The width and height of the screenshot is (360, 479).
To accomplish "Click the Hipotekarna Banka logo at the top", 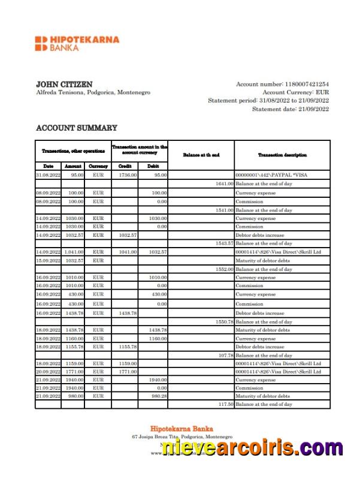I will coord(77,43).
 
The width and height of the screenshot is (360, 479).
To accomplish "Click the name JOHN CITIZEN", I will coord(64,85).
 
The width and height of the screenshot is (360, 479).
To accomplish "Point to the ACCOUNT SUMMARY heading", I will coord(77,128).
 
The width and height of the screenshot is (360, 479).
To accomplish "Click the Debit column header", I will coord(153,165).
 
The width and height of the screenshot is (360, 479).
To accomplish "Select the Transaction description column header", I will coord(282,155).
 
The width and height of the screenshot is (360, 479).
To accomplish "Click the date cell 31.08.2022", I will coord(49,175).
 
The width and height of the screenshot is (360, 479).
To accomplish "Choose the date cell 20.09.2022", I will coord(49,372).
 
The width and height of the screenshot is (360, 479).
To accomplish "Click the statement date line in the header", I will coord(290,109).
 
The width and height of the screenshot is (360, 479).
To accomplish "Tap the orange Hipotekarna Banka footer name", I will coord(180,428).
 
